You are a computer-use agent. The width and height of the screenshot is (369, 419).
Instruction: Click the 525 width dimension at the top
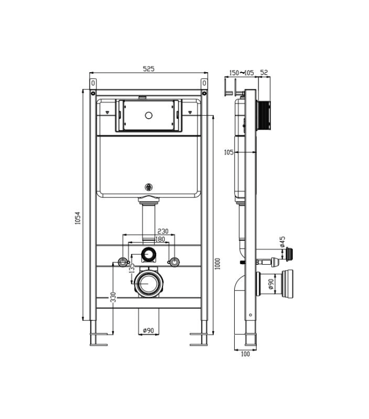tap(148, 69)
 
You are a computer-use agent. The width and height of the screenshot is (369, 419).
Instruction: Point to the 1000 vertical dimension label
tap(218, 264)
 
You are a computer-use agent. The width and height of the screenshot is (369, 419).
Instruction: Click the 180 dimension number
tap(159, 239)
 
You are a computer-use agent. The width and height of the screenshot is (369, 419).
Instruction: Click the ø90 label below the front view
tap(149, 331)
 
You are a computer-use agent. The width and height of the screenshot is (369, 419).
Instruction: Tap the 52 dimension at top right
tap(264, 72)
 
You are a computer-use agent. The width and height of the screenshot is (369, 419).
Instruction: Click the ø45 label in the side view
tap(282, 242)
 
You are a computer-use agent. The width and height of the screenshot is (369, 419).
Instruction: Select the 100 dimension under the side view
tap(245, 354)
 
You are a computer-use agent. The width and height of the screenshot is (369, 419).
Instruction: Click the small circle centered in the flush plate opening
tap(148, 116)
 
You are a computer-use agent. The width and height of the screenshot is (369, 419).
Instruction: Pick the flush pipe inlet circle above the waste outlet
tap(148, 253)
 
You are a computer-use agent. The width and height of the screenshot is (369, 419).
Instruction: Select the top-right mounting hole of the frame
tap(205, 93)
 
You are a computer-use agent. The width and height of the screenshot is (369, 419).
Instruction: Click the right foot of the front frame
tap(200, 337)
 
